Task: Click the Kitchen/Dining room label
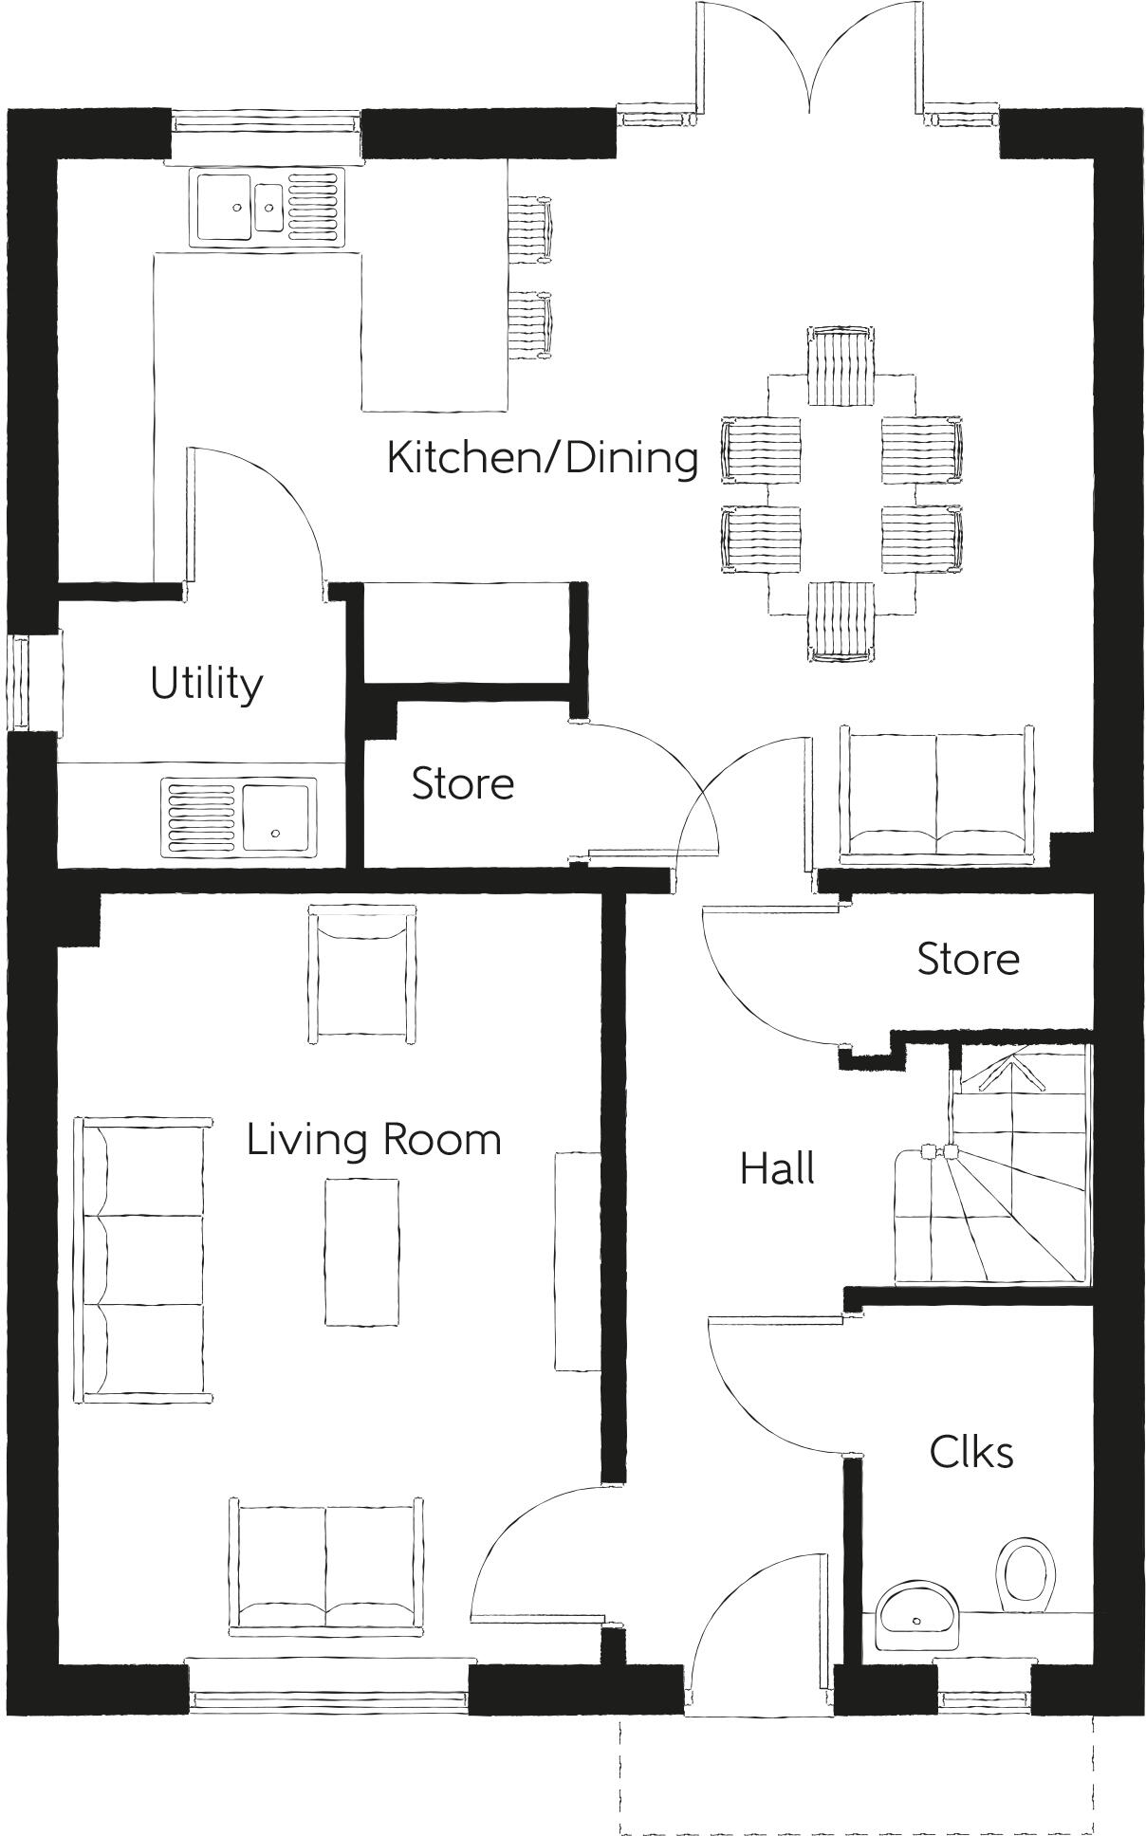(x=543, y=458)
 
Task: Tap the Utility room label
(x=206, y=684)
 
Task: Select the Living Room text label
(x=374, y=1139)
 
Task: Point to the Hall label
(x=777, y=1168)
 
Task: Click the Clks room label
(x=970, y=1452)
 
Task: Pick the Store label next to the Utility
(x=463, y=784)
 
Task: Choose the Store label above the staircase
(x=968, y=960)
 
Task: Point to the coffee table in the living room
(x=361, y=1251)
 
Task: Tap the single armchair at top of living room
(x=362, y=974)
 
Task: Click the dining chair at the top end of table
(x=841, y=366)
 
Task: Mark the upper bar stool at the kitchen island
(x=529, y=228)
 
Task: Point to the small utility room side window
(x=19, y=683)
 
